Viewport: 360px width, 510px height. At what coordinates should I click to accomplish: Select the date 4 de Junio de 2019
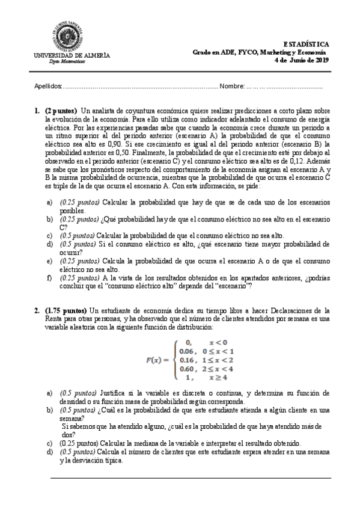(x=301, y=60)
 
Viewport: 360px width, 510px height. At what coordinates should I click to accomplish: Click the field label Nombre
(x=231, y=87)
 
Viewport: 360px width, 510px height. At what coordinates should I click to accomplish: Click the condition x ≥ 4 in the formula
(x=219, y=377)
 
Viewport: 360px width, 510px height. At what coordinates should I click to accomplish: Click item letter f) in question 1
(x=49, y=278)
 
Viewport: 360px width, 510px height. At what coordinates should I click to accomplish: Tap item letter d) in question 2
(x=49, y=451)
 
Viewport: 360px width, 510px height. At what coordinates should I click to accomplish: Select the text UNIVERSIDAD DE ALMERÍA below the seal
(x=72, y=55)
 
